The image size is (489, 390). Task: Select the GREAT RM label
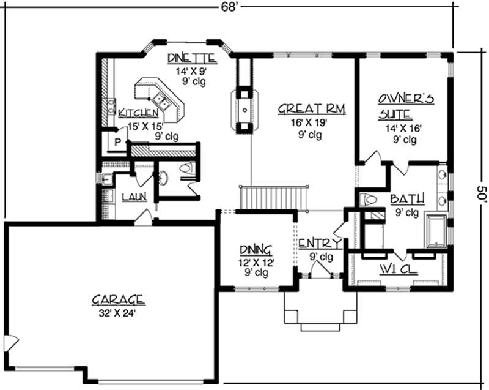coord(312,109)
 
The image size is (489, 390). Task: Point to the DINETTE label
coord(192,59)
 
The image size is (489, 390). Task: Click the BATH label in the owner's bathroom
coord(404,200)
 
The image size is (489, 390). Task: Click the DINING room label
coord(256,250)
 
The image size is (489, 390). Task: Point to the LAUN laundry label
coord(133,197)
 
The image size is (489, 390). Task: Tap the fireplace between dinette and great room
coord(244,110)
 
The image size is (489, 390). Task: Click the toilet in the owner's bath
coord(370,200)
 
